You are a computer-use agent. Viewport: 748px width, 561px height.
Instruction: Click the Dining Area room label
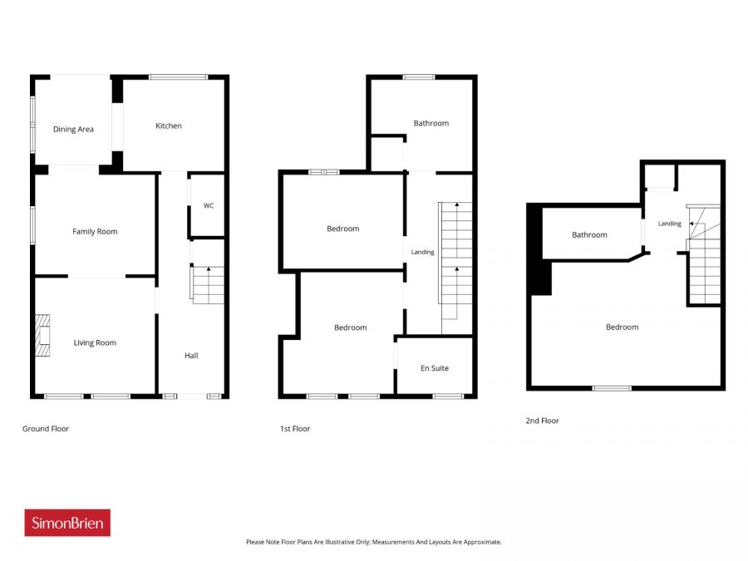(x=73, y=130)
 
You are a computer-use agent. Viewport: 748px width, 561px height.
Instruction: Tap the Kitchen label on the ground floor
(x=169, y=126)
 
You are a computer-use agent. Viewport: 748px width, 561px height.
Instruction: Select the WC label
(x=209, y=205)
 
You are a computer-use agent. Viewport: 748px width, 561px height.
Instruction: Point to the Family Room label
(x=95, y=232)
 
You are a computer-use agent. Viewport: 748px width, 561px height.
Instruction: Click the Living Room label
(x=95, y=343)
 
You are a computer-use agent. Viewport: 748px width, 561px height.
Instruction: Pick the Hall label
(x=191, y=356)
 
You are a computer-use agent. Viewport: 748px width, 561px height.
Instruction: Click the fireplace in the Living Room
(x=43, y=336)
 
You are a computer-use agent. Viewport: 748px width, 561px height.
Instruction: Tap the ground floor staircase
(x=208, y=285)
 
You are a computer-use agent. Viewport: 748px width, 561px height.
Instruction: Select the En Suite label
(x=435, y=368)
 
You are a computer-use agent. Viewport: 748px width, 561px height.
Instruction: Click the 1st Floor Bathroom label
(x=431, y=123)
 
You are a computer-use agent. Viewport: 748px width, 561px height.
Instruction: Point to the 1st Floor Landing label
(x=423, y=252)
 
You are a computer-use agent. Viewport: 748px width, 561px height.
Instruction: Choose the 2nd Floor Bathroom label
(x=589, y=234)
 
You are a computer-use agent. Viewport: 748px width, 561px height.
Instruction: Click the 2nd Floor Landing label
(x=670, y=224)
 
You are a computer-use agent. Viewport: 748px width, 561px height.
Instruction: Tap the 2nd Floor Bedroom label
(x=622, y=327)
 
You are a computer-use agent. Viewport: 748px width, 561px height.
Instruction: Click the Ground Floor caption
(x=46, y=429)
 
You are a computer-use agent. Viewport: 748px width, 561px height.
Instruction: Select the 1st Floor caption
(x=295, y=429)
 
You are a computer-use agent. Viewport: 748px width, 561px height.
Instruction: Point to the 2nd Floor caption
(x=543, y=421)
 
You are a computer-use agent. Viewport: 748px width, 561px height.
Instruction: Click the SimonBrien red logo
(x=67, y=523)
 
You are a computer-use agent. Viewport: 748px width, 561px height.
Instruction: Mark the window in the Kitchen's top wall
(x=178, y=76)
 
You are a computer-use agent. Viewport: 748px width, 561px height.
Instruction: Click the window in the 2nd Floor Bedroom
(x=612, y=388)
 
